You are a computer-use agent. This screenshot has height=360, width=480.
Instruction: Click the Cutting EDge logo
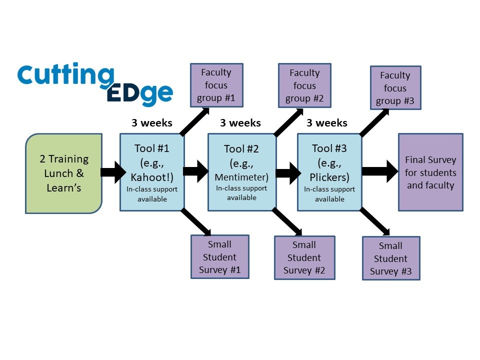[x=95, y=84]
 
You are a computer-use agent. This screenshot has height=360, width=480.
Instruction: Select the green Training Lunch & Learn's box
[x=63, y=173]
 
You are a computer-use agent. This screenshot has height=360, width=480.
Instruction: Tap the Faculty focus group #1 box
[x=216, y=85]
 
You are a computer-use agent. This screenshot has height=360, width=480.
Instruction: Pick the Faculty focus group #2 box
[x=304, y=85]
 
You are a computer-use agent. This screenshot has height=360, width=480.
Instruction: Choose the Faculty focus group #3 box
[x=395, y=88]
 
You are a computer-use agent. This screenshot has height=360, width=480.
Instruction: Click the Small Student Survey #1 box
[x=220, y=257]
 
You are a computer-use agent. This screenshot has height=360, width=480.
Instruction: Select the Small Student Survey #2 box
[x=304, y=257]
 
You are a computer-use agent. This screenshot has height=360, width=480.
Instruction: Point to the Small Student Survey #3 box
[x=391, y=258]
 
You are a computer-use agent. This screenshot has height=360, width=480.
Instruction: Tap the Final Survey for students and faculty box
[x=430, y=172]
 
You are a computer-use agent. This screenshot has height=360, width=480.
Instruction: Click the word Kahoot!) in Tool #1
[x=152, y=177]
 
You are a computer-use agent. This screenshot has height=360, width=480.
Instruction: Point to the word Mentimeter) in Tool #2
[x=241, y=177]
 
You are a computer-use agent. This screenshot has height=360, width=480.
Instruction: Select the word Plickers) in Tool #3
[x=329, y=177]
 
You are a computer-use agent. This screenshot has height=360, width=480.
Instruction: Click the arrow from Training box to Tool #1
[x=113, y=172]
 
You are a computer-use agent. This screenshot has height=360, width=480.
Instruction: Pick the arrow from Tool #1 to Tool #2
[x=196, y=171]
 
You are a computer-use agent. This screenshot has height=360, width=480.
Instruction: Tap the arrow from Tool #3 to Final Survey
[x=380, y=171]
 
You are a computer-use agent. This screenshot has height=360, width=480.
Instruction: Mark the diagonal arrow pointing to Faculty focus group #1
[x=194, y=121]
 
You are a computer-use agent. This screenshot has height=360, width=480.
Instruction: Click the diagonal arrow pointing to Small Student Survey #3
[x=374, y=221]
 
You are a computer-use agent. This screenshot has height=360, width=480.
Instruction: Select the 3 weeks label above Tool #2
[x=240, y=123]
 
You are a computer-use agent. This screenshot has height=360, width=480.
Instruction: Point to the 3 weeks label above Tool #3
[x=327, y=123]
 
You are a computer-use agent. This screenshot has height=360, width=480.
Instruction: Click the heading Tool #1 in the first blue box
[x=152, y=148]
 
